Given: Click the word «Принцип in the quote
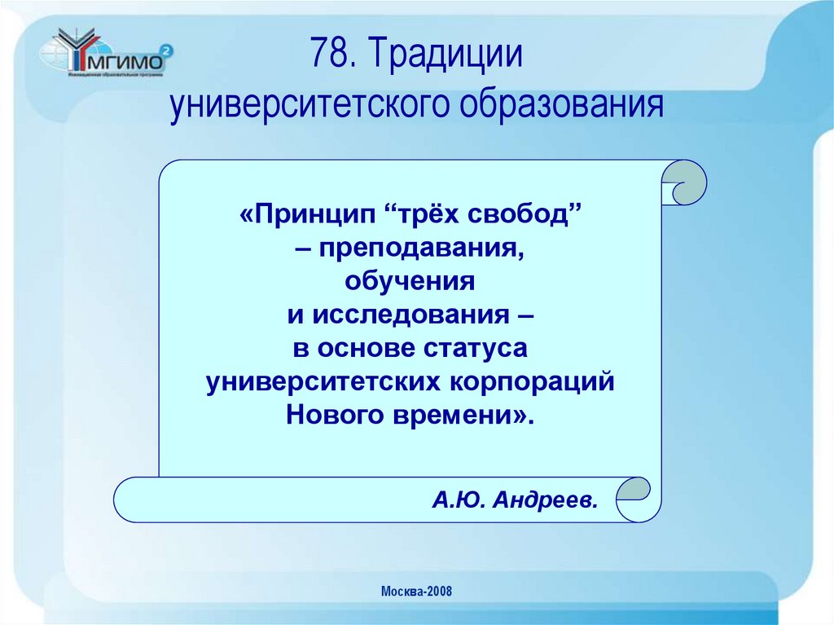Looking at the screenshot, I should point(307,217).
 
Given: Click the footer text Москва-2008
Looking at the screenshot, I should point(416,591).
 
